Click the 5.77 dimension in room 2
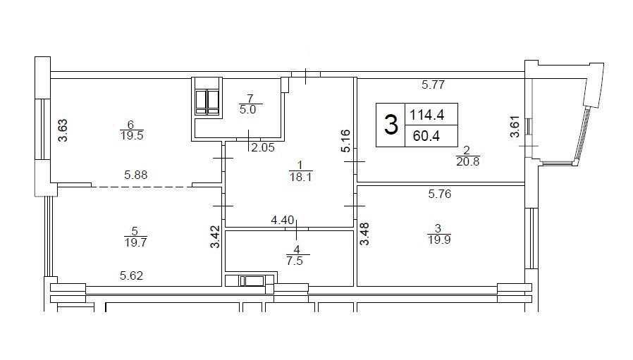pos(434,85)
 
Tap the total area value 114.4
pos(427,116)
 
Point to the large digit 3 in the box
pos(391,125)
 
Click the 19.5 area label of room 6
pos(132,135)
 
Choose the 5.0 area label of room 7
pos(247,110)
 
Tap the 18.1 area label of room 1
pos(300,177)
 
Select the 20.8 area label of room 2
pos(468,162)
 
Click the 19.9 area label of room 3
pos(439,240)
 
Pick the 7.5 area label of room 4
pos(295,261)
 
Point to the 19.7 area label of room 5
pos(135,242)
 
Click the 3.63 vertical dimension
pos(63,130)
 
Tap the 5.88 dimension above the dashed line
pos(135,175)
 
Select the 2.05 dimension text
pos(263,148)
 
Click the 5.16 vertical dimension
pos(345,141)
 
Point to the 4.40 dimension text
pos(283,221)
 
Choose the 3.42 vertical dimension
pos(216,237)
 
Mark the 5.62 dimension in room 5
pos(132,276)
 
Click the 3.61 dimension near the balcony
pos(515,127)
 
